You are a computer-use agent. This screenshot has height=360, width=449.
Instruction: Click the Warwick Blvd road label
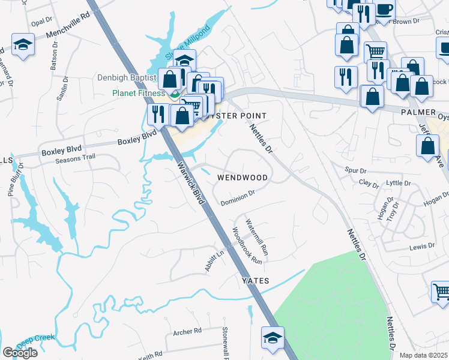[190, 184]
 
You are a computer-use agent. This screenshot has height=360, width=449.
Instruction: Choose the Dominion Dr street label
[238, 197]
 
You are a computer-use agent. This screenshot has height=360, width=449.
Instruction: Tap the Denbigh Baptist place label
[126, 77]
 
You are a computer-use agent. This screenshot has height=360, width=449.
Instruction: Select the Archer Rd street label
[187, 331]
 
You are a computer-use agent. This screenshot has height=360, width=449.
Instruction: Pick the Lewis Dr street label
[422, 246]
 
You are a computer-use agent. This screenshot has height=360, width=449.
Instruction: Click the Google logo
[20, 353]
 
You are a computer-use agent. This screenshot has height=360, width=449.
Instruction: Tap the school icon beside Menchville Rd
[23, 44]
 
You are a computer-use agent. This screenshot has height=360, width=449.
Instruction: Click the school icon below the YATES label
[273, 337]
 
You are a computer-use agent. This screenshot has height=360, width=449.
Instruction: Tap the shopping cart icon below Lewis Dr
[442, 291]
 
